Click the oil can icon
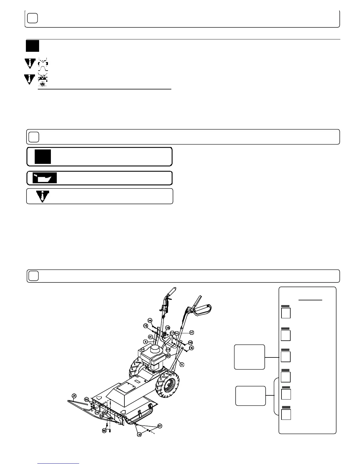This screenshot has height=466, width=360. [44, 178]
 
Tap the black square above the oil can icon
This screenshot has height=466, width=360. [43, 157]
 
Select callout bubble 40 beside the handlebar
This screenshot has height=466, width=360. [191, 332]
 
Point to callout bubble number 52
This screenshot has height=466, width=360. [168, 355]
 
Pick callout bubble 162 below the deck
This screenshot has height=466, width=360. [104, 430]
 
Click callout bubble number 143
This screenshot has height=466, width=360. [190, 343]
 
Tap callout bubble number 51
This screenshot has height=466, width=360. [150, 337]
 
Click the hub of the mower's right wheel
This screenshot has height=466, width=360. [169, 384]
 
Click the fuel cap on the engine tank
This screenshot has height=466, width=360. [142, 349]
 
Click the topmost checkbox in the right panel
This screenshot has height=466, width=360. [286, 313]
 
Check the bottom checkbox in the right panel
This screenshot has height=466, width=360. [286, 415]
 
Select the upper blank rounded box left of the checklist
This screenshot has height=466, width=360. [249, 357]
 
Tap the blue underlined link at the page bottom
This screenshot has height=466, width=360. [59, 463]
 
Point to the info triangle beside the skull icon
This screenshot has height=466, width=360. [29, 79]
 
